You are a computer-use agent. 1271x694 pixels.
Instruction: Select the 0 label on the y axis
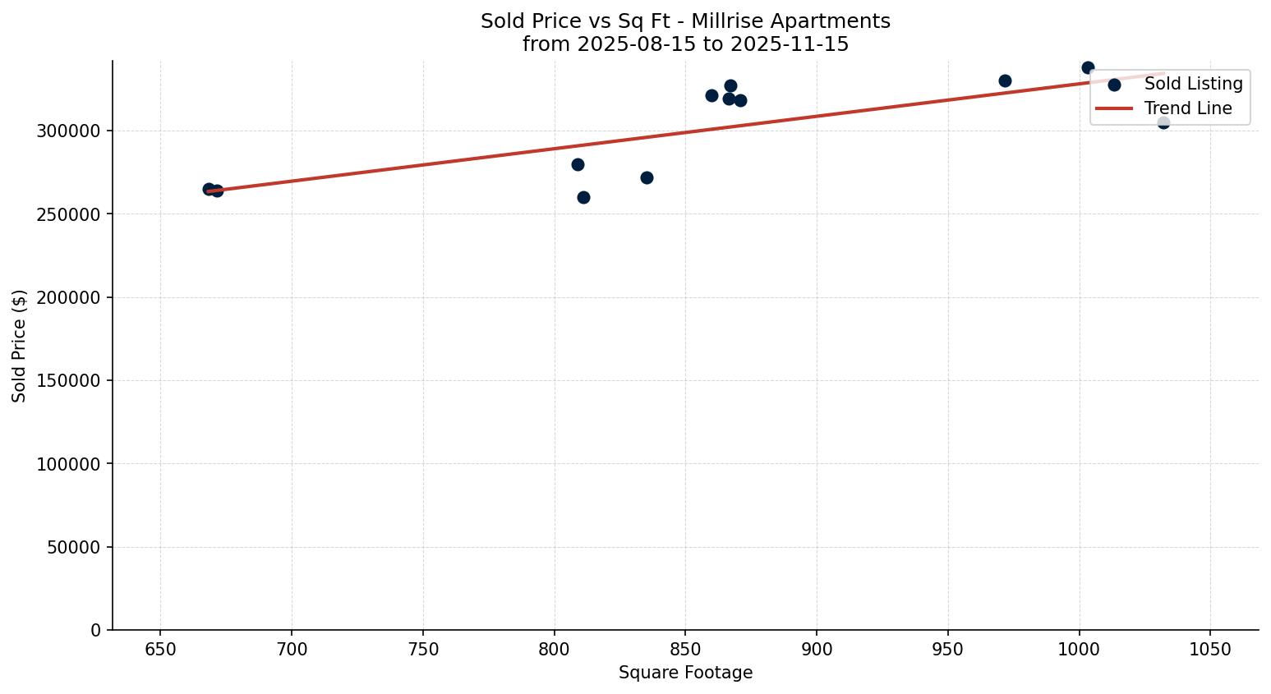tap(95, 630)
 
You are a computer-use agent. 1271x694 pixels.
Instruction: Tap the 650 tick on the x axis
tap(160, 650)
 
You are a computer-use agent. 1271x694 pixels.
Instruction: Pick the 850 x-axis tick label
tap(685, 650)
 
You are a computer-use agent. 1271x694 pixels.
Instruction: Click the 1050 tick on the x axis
tap(1210, 650)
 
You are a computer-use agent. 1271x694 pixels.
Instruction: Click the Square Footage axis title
tap(685, 673)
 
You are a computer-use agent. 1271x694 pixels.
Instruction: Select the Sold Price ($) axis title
tap(20, 346)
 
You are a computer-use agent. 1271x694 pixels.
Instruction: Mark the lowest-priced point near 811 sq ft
tap(583, 197)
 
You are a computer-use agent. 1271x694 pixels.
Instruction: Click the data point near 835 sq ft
tap(647, 177)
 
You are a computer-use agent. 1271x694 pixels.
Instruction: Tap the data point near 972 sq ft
tap(1005, 80)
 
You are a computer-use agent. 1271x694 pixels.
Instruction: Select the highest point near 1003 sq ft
tap(1088, 67)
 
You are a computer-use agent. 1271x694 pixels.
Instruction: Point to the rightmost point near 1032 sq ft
tap(1163, 122)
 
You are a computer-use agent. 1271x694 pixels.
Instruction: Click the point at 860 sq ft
tap(711, 95)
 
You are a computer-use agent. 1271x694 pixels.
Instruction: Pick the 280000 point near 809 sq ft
tap(578, 164)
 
